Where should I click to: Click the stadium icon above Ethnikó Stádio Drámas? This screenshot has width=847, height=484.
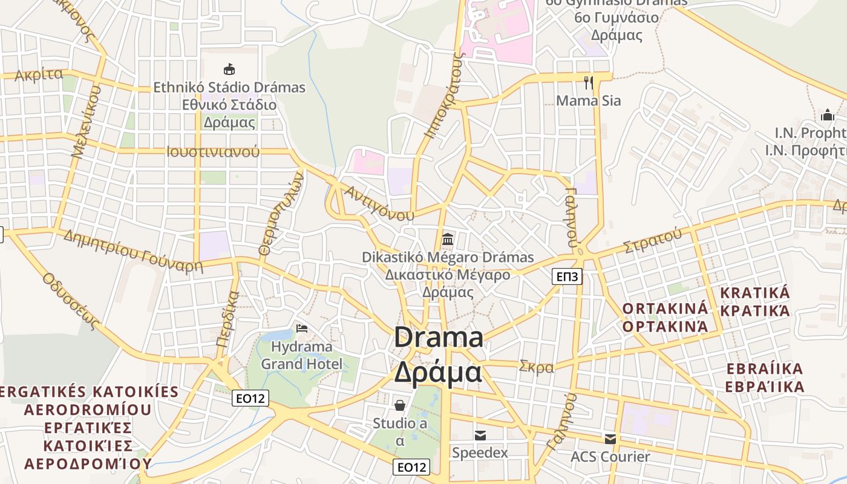tap(229, 69)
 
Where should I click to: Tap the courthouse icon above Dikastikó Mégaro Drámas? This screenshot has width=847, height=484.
tap(448, 239)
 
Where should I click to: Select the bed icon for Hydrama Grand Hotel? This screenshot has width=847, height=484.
tap(302, 329)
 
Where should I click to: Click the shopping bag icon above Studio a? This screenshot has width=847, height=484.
tap(399, 405)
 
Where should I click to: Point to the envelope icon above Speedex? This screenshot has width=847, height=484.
tap(480, 435)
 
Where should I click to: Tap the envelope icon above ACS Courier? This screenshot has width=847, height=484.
tap(610, 439)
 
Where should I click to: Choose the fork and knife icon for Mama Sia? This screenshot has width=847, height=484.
tap(588, 82)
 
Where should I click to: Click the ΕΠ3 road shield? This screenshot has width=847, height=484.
tap(567, 277)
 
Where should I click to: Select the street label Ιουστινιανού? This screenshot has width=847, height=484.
tap(212, 151)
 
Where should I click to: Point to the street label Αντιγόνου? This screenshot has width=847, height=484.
tap(379, 203)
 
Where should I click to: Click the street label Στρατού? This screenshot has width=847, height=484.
tap(653, 241)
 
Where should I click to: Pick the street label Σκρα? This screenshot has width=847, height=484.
tap(536, 367)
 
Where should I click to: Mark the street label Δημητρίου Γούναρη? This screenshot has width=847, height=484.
tap(132, 250)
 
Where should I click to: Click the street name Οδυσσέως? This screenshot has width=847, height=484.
tap(71, 301)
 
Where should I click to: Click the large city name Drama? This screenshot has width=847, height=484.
tap(439, 338)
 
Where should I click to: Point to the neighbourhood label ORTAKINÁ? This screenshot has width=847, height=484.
tap(665, 308)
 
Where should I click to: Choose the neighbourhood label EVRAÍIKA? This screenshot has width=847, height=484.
tap(765, 368)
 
